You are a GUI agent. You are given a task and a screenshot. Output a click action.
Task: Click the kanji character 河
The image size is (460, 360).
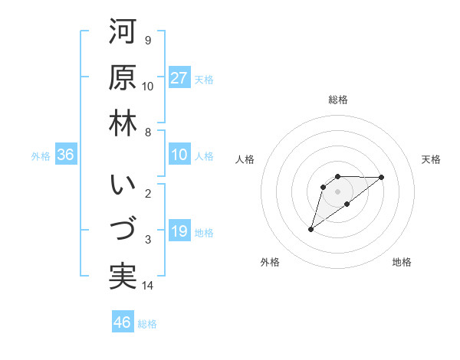[x=123, y=33]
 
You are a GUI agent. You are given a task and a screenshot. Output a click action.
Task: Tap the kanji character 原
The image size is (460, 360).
[x=123, y=77]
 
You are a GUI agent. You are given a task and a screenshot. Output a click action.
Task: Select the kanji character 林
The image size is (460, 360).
[x=123, y=123]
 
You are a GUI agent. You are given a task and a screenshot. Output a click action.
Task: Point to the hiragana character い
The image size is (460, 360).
[x=123, y=186]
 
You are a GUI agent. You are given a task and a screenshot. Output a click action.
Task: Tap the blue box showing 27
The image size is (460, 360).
[x=179, y=78]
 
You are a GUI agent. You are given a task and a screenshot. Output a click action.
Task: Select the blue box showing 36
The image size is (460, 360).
[x=66, y=155]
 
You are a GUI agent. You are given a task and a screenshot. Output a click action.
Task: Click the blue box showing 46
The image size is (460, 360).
[x=122, y=322]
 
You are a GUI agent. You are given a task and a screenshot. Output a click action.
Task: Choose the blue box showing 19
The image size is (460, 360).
[x=179, y=231]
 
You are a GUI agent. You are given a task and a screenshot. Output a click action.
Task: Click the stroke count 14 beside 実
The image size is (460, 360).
[x=148, y=286]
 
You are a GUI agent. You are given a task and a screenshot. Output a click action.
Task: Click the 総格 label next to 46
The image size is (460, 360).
[x=147, y=324]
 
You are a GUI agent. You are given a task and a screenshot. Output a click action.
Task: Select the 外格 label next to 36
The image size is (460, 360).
[x=41, y=156]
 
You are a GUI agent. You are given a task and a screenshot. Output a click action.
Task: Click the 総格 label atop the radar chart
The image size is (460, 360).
[x=337, y=100]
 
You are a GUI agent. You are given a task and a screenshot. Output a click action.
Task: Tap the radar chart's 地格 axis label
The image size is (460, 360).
[x=402, y=263]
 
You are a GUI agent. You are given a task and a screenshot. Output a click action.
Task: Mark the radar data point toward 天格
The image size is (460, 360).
[x=382, y=177]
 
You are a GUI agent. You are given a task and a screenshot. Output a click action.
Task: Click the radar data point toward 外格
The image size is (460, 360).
[x=310, y=228]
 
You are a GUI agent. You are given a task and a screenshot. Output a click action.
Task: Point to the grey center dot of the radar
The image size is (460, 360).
[x=337, y=191]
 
